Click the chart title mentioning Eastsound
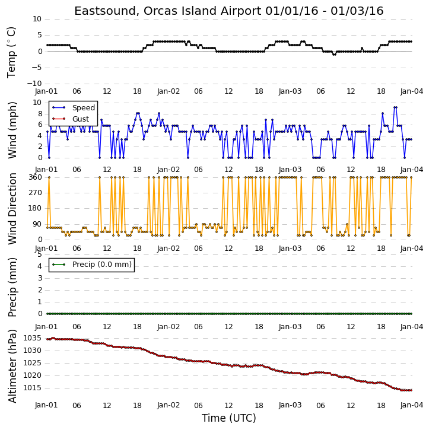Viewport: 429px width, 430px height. click(x=229, y=11)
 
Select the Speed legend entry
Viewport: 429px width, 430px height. click(x=74, y=108)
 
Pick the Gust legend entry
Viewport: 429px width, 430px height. click(x=71, y=119)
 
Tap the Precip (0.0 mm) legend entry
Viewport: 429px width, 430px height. click(x=91, y=265)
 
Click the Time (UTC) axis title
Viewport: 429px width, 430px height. click(x=229, y=418)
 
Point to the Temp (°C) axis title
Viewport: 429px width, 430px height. click(x=11, y=52)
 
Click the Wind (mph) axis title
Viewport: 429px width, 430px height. click(x=12, y=130)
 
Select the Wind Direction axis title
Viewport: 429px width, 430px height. click(x=12, y=209)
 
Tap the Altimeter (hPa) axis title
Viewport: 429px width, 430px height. click(x=12, y=366)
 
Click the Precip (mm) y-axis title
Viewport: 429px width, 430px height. click(x=12, y=287)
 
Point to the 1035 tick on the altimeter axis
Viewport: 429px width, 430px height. click(x=33, y=338)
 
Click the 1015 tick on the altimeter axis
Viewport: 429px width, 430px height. click(x=33, y=388)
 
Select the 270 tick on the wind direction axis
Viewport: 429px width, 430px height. click(x=36, y=193)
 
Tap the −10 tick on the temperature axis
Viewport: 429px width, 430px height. click(x=34, y=84)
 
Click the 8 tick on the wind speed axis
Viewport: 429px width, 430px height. click(x=40, y=114)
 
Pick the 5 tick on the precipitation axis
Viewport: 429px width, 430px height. click(x=40, y=254)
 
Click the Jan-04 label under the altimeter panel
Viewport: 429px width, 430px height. click(x=412, y=405)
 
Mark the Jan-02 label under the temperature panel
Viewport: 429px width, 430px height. click(x=169, y=91)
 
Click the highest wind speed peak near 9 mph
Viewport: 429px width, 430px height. click(x=395, y=107)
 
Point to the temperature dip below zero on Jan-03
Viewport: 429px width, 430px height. click(x=334, y=55)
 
